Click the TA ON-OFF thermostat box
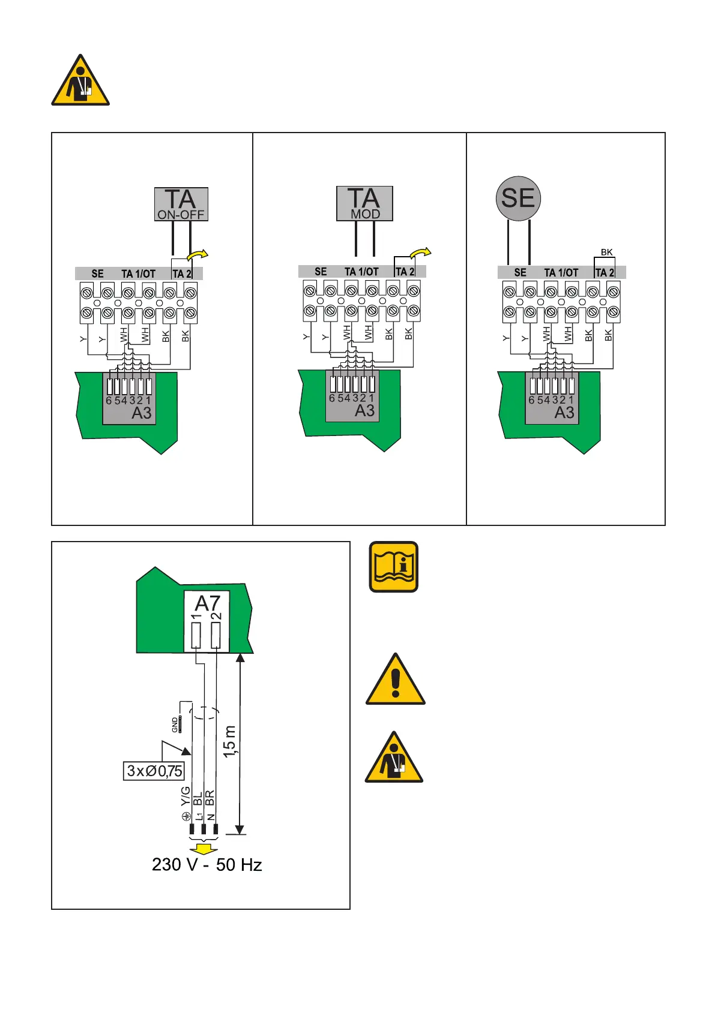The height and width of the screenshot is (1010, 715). pos(181,204)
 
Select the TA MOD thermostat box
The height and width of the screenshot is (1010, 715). pos(364,203)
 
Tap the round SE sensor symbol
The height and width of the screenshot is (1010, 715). pos(518,199)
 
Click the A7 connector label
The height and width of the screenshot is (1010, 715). pos(208,603)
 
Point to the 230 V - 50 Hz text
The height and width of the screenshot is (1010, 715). pos(207,864)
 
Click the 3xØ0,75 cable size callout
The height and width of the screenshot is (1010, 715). pos(154,771)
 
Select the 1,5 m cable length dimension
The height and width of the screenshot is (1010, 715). pos(229,741)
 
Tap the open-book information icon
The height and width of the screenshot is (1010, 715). pos(393,567)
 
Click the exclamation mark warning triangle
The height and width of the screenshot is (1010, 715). pos(395,680)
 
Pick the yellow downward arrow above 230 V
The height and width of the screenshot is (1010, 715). pos(204,849)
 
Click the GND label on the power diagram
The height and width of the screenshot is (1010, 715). pos(175,725)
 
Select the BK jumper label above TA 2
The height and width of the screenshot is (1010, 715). pos(606,252)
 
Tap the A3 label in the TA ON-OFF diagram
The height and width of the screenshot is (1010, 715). pos(142,413)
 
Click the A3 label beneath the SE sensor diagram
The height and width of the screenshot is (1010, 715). pos(564,413)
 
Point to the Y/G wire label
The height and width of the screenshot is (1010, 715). pos(186,796)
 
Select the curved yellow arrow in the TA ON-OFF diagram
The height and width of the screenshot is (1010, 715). pos(198,255)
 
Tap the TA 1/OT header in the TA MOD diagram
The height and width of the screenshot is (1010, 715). pos(361,272)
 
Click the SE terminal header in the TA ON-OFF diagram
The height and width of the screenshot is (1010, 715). pos(97,273)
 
